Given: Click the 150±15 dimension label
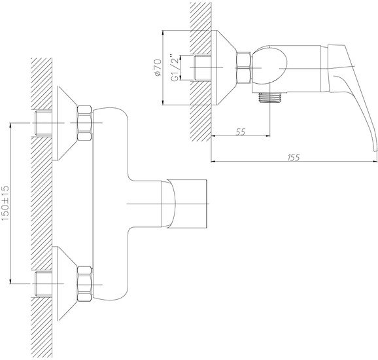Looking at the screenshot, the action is tap(5, 203).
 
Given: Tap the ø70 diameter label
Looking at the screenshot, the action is tap(158, 67).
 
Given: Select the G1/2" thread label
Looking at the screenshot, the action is tap(175, 67).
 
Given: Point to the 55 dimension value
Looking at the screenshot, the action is tap(241, 132).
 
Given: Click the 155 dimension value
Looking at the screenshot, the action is tap(294, 157).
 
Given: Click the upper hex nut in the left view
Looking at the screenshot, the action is tap(84, 123).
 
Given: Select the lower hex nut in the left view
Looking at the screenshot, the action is tap(84, 284).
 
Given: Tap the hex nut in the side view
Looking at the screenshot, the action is tap(244, 68).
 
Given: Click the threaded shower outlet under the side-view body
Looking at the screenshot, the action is tap(269, 97).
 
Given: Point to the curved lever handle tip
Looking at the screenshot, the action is tap(375, 150).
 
